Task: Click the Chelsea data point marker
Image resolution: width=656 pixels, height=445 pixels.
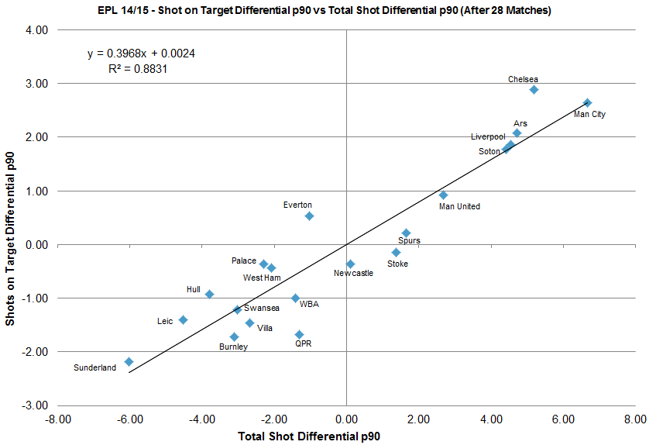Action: pos(534,90)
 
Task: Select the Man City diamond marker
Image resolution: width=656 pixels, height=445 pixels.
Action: pos(587,102)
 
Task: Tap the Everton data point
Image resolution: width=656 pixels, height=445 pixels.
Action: pos(309,216)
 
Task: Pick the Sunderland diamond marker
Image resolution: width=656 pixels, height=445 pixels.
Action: pos(129,361)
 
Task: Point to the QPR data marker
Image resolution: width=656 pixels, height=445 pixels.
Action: pos(299,334)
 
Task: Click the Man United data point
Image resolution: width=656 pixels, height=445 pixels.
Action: pos(443,195)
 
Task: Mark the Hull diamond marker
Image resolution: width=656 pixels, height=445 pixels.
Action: pos(209,294)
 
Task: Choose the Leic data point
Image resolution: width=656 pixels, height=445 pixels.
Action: pos(183,319)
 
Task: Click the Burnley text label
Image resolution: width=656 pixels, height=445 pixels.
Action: pos(233,347)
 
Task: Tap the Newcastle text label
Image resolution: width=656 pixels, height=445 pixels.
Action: pos(353,273)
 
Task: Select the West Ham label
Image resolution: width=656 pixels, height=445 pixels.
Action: pos(262,278)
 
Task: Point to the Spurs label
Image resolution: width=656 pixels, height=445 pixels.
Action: pos(409,241)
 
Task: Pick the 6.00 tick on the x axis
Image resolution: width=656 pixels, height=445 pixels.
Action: pos(563,419)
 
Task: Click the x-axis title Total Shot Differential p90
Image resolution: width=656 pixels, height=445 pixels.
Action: pos(310,436)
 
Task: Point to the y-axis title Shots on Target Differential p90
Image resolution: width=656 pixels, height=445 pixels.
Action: pos(10,218)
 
